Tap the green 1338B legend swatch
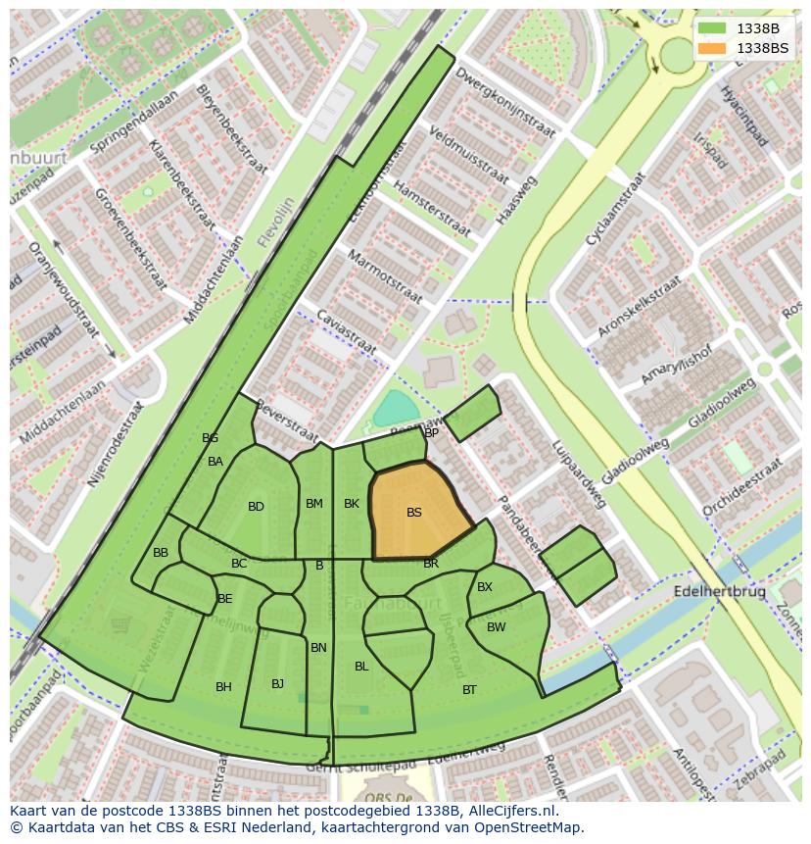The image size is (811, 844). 712,28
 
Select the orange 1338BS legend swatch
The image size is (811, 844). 712,48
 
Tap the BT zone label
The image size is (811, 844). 469,690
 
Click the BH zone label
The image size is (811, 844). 223,687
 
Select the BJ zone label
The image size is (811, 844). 277,683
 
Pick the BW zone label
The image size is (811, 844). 497,627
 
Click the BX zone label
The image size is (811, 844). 485,587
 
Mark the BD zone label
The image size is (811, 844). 256,507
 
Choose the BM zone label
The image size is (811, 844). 313,504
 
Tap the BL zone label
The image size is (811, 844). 361,667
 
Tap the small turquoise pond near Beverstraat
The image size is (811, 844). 395,408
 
